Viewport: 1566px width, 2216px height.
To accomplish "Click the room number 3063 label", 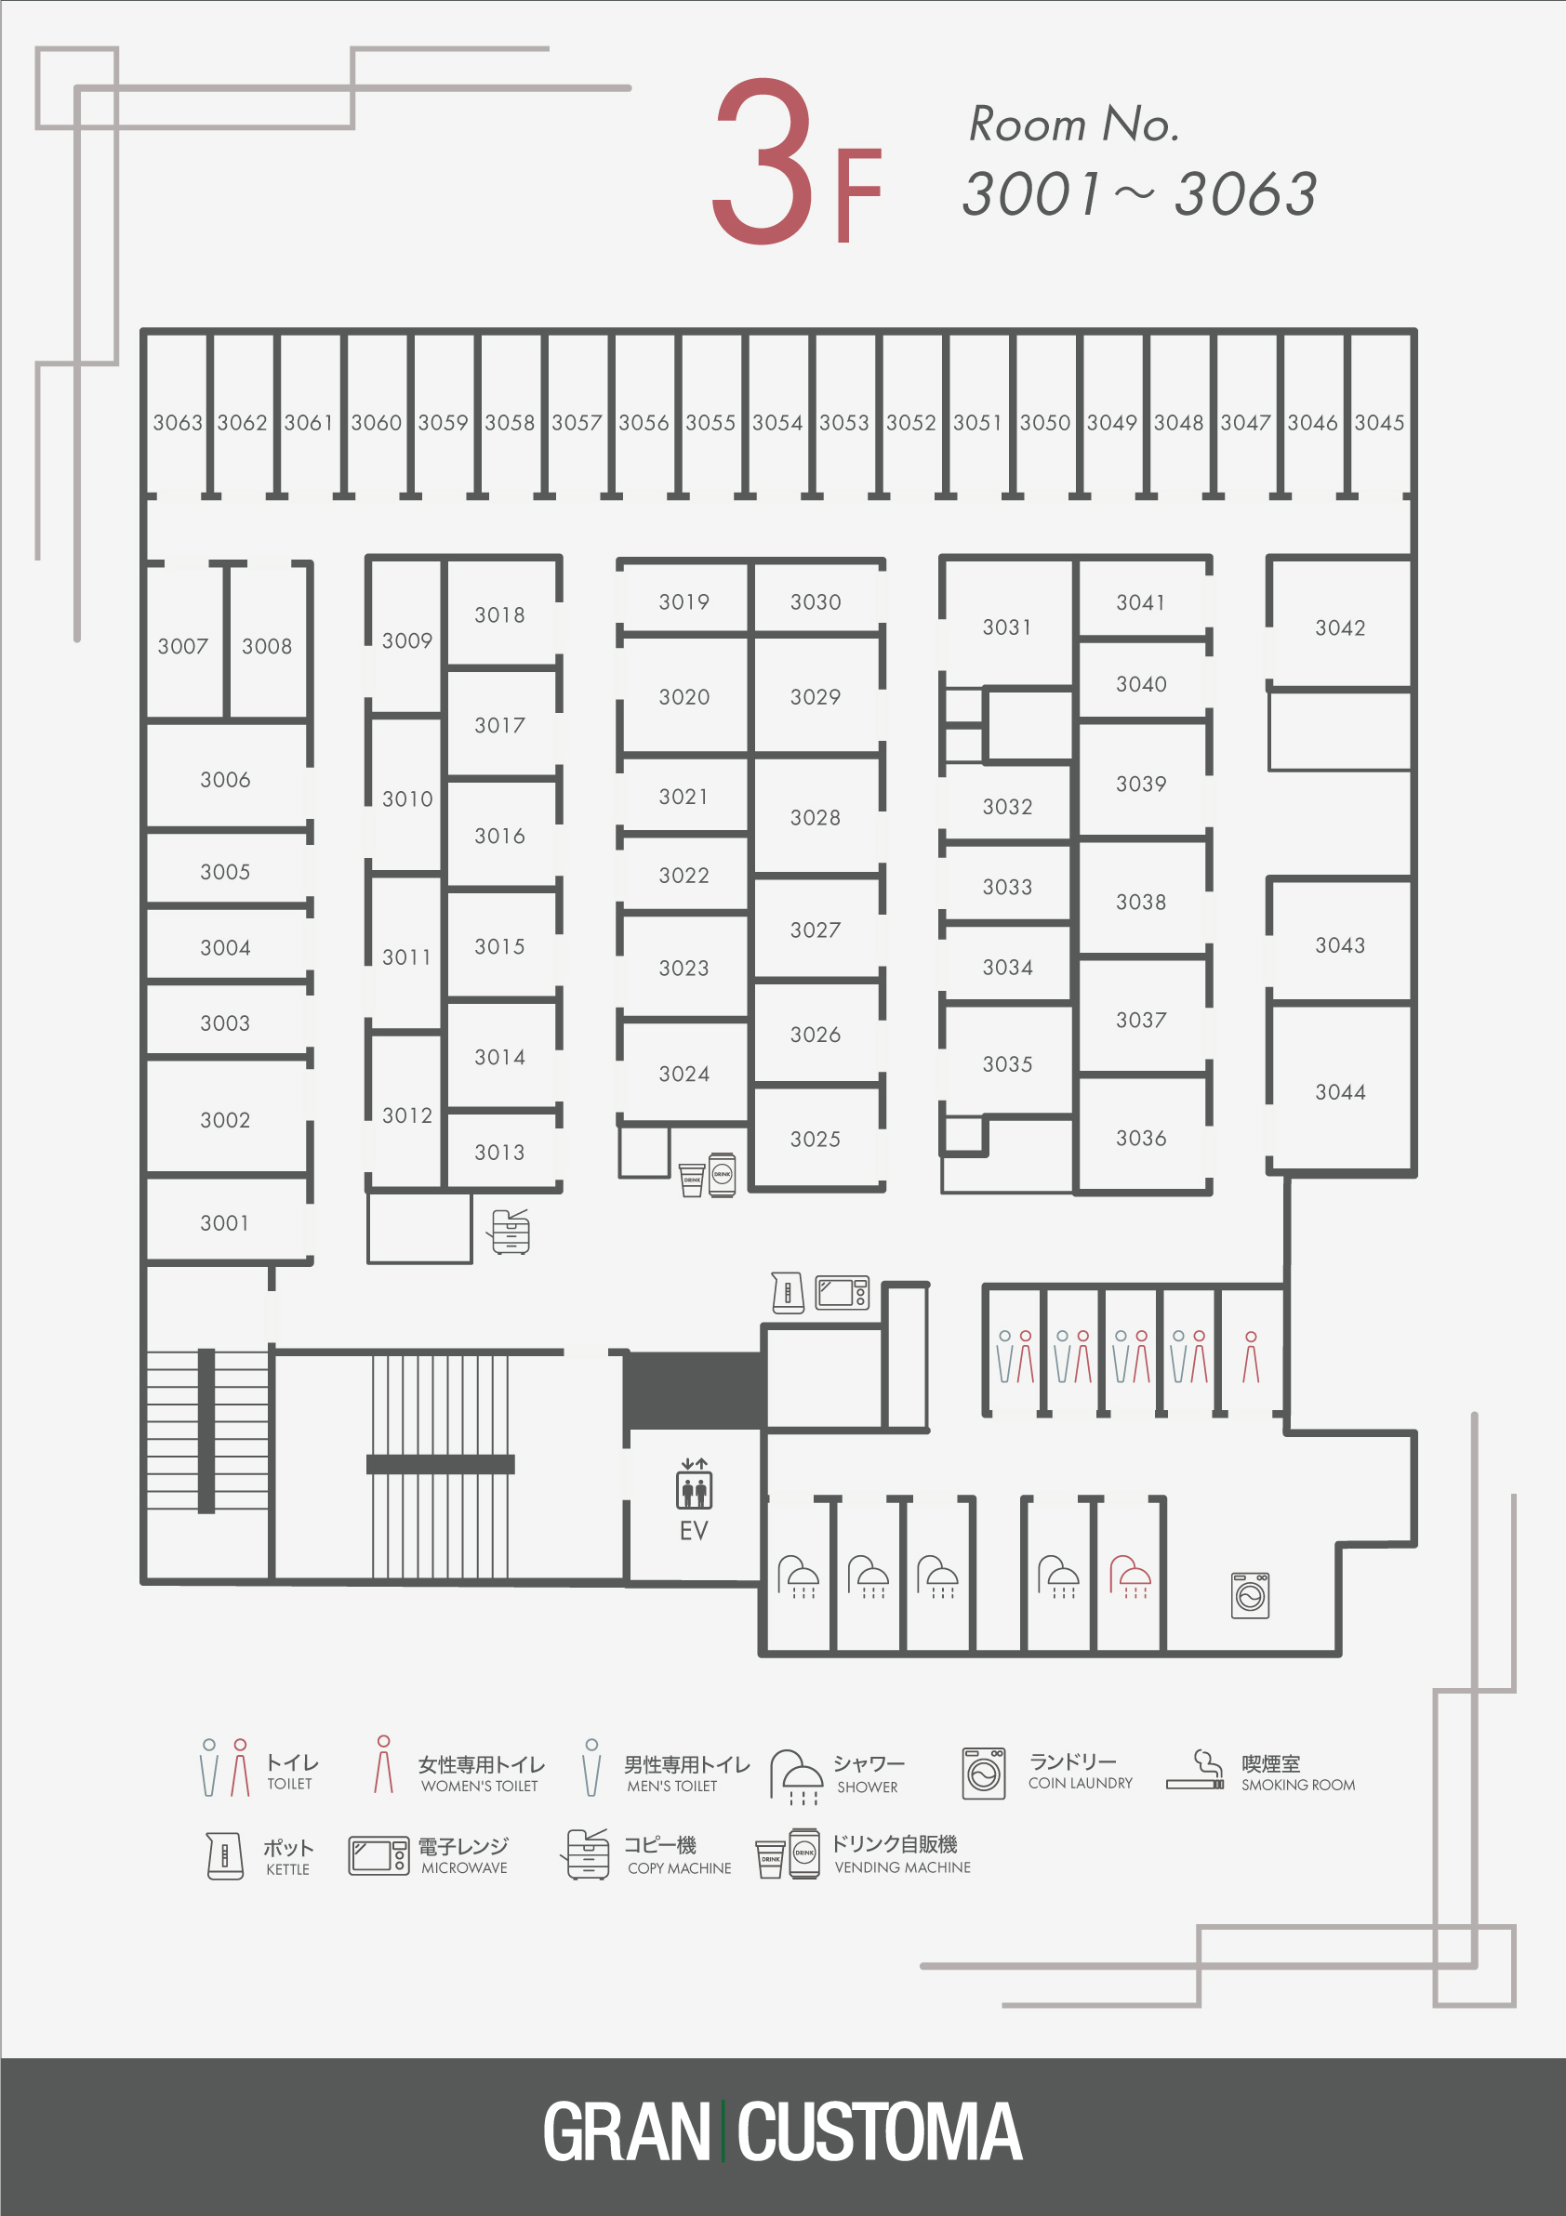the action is [178, 423].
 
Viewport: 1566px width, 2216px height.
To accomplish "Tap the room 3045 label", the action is [1379, 423].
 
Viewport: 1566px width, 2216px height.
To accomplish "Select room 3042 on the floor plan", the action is [1340, 628].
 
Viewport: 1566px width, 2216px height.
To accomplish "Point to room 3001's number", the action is [225, 1223].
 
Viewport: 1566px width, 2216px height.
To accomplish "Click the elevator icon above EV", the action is [694, 1484].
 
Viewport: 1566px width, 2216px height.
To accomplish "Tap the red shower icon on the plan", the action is [1130, 1576].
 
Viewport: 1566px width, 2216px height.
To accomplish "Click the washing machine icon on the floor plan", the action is [1251, 1594].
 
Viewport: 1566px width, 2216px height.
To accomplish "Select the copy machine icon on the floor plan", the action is [509, 1232].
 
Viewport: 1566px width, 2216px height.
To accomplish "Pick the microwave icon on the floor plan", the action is [843, 1293].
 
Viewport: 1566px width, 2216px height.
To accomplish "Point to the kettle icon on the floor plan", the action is [788, 1292].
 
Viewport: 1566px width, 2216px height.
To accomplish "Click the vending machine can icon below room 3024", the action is [723, 1175].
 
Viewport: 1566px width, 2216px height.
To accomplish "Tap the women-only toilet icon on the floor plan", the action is [1252, 1357].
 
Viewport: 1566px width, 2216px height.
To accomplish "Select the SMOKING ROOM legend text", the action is [1298, 1786].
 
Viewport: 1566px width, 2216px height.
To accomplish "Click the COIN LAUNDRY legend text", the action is [1081, 1784].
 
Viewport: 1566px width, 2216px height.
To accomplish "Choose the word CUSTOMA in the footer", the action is [880, 2133].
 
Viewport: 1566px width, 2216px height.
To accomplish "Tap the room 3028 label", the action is [816, 817].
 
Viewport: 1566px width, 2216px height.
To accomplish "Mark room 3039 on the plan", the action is [1141, 784].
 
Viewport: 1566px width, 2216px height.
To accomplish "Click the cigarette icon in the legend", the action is [1195, 1770].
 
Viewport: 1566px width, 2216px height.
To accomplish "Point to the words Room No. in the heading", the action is [1074, 125].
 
